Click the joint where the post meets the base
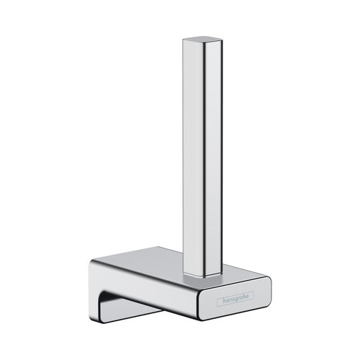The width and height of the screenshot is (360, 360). tap(202, 276)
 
